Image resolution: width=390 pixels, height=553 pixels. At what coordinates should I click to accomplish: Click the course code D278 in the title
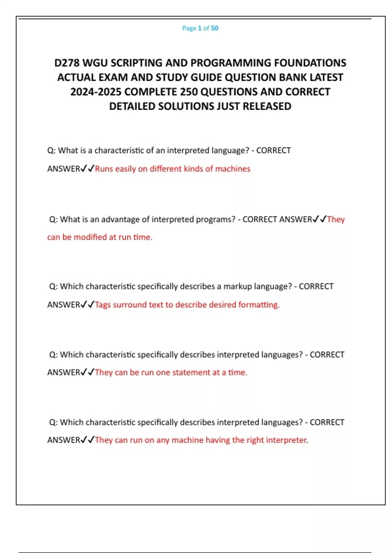click(x=67, y=63)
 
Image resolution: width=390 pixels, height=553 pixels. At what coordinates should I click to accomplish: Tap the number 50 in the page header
click(x=214, y=28)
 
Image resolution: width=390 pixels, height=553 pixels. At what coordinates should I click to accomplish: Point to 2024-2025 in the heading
click(x=96, y=92)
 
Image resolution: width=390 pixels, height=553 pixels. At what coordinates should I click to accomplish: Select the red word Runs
click(x=104, y=169)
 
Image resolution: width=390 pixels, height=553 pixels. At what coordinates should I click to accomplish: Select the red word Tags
click(x=103, y=305)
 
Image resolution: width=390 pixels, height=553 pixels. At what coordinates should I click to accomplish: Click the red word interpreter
click(x=287, y=440)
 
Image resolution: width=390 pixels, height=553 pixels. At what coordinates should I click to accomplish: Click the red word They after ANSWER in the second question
click(x=336, y=220)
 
